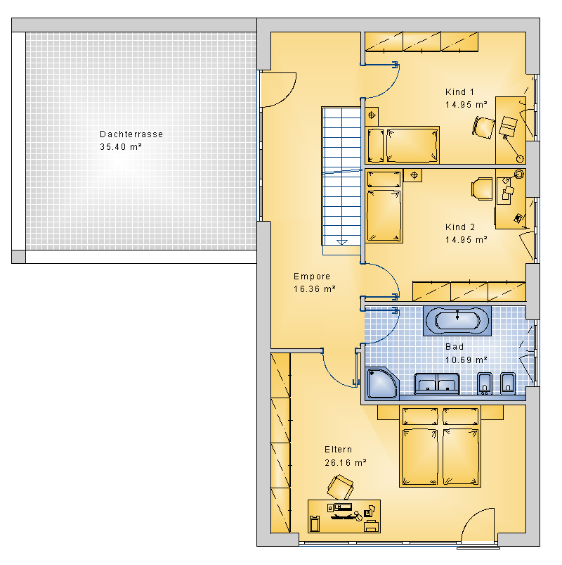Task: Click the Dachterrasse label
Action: [x=131, y=134]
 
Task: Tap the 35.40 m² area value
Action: [x=121, y=146]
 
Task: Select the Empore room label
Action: [x=312, y=277]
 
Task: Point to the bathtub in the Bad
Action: [x=457, y=321]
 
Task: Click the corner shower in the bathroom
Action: [x=382, y=383]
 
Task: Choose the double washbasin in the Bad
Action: [x=437, y=383]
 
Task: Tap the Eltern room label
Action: [x=338, y=450]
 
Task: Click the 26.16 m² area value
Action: [x=346, y=463]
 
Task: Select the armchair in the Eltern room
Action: [x=340, y=487]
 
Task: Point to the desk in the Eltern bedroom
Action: [x=344, y=516]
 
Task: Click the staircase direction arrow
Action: [x=342, y=242]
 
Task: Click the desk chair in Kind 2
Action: [x=482, y=189]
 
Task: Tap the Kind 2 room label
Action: [x=460, y=227]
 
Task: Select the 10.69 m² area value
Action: [x=466, y=360]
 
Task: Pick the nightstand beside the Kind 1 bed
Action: [x=372, y=115]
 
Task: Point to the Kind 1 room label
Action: [x=460, y=92]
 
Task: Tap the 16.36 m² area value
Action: [x=315, y=289]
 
